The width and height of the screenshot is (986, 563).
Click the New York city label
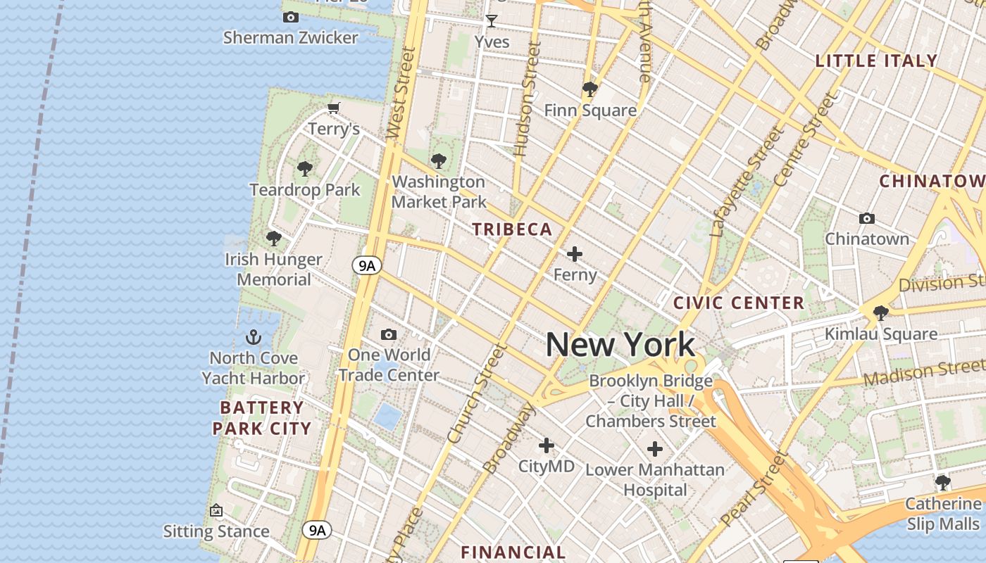[620, 345]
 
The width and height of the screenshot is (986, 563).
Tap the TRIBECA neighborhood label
[512, 229]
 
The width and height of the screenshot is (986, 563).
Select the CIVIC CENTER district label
[739, 303]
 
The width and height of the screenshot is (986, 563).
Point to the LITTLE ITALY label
[876, 61]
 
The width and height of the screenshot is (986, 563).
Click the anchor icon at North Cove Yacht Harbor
[253, 338]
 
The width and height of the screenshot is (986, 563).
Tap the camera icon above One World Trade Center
[388, 334]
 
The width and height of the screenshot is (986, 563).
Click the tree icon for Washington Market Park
[438, 161]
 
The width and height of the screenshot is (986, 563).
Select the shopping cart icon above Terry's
[334, 108]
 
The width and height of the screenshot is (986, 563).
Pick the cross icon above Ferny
[575, 254]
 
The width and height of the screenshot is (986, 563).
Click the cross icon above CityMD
[546, 445]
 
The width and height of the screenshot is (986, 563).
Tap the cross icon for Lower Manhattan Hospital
[654, 449]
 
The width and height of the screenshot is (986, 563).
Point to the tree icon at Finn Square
[589, 89]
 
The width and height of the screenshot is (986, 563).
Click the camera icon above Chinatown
[867, 219]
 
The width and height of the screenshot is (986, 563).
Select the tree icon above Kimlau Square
[880, 313]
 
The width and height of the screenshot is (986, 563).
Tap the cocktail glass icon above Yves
[492, 21]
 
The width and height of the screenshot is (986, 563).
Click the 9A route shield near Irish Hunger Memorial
[366, 265]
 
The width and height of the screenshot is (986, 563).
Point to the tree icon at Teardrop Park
[304, 169]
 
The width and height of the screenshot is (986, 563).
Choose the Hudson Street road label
[527, 99]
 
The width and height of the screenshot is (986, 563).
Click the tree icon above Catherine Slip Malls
[942, 483]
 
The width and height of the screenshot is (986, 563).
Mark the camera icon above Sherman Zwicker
[290, 18]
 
